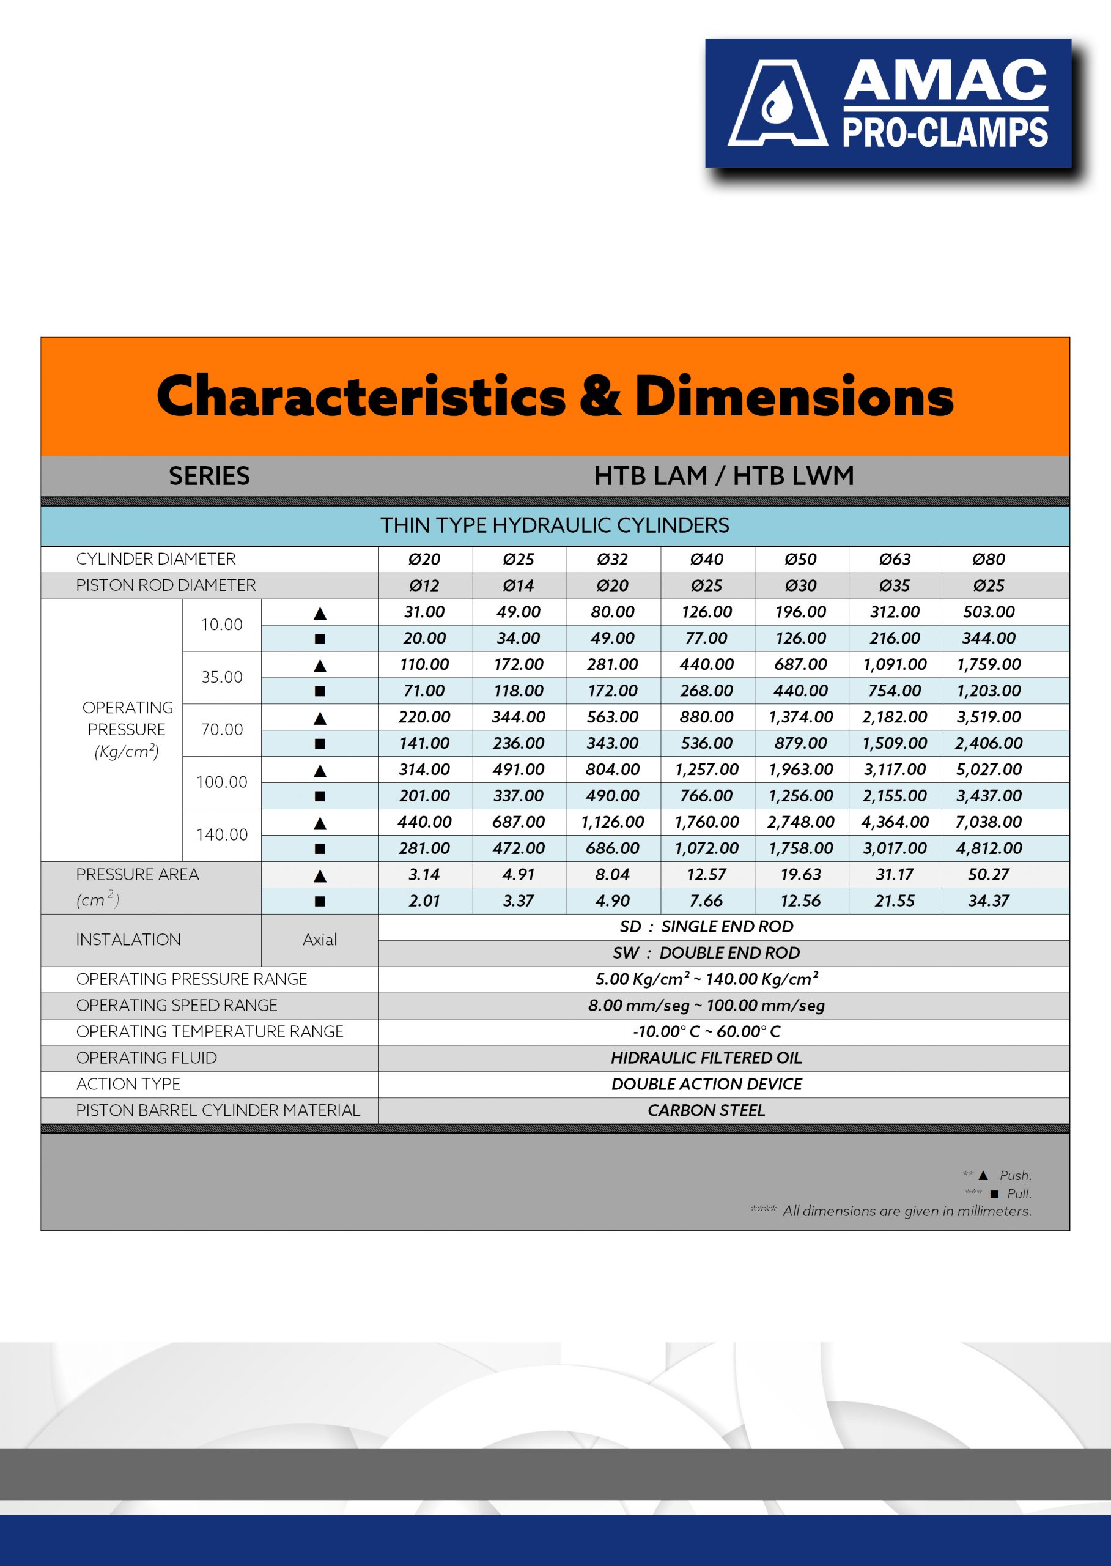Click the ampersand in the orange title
[600, 396]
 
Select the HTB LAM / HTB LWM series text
[723, 476]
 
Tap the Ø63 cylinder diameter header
[894, 559]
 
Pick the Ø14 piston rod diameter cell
[518, 585]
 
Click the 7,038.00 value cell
[988, 822]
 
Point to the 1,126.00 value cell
[612, 822]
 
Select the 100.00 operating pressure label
[222, 782]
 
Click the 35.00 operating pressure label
[222, 677]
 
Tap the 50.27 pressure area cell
[988, 874]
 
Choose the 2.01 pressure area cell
[424, 900]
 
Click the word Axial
[319, 940]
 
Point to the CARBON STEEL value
[706, 1110]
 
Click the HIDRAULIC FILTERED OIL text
[706, 1058]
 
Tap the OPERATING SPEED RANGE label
[177, 1005]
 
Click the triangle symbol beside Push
[983, 1175]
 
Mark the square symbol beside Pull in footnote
[994, 1193]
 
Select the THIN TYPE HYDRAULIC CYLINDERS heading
[555, 525]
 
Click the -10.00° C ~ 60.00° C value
[706, 1031]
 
